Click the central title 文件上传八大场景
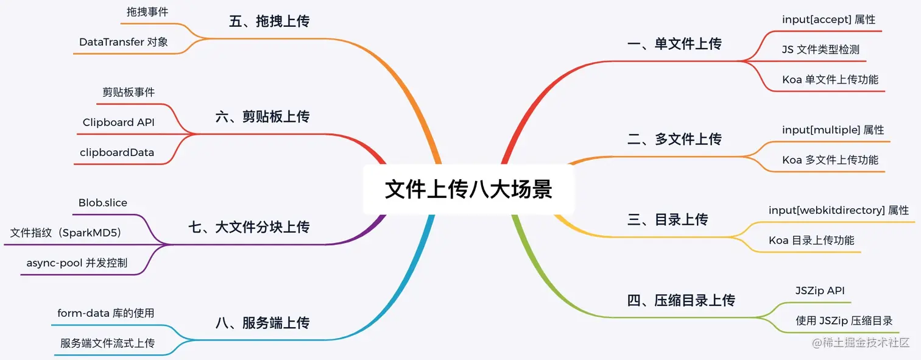(468, 189)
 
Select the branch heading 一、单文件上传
(674, 44)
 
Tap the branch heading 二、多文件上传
(674, 139)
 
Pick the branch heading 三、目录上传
(668, 220)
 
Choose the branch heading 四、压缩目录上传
(681, 300)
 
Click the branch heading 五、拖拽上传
(269, 21)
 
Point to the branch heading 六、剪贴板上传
(263, 116)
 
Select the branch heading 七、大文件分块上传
(249, 227)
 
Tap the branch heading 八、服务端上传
(263, 323)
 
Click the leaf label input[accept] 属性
(828, 19)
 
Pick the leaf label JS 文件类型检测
(820, 49)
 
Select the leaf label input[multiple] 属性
(833, 130)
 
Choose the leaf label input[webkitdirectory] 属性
(838, 210)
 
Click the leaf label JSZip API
(820, 291)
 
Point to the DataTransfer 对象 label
(124, 42)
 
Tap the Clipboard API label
(119, 122)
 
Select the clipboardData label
(117, 152)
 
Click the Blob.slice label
(103, 203)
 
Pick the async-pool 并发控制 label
(77, 263)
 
